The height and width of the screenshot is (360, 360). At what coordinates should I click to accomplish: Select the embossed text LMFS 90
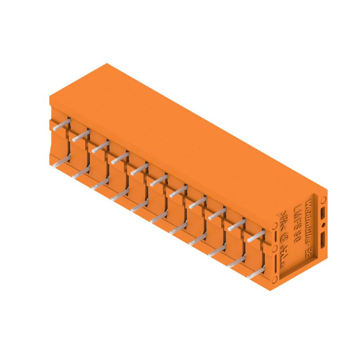[297, 224]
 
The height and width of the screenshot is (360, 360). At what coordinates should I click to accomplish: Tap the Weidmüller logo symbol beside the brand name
[309, 252]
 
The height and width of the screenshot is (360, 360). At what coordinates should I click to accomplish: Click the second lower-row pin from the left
[81, 174]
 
